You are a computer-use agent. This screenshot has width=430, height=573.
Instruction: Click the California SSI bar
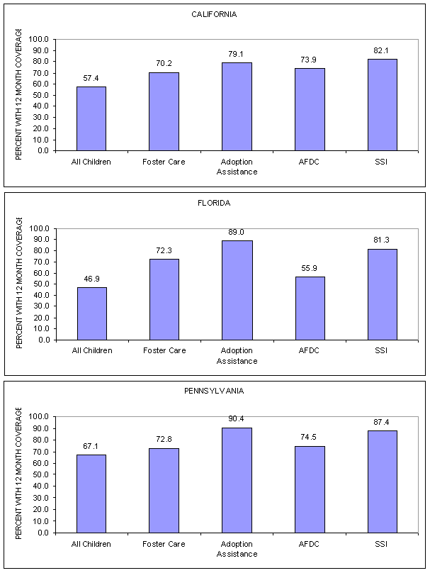click(x=382, y=104)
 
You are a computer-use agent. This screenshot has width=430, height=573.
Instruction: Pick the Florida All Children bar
click(x=91, y=313)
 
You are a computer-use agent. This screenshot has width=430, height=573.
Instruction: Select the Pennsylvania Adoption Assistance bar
click(x=237, y=479)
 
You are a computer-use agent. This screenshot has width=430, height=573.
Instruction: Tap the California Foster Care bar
click(x=164, y=111)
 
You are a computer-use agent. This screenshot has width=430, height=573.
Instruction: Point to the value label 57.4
click(x=91, y=78)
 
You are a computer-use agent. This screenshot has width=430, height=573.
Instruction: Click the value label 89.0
click(x=237, y=232)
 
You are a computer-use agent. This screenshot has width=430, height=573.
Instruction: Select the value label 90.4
click(x=237, y=419)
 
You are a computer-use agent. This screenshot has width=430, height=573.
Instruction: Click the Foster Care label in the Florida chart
click(x=164, y=351)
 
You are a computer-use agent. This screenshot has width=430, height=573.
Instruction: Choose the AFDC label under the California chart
click(x=310, y=162)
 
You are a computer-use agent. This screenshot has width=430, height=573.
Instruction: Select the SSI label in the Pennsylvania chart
click(x=382, y=544)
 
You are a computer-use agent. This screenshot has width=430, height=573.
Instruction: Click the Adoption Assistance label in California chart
click(x=237, y=167)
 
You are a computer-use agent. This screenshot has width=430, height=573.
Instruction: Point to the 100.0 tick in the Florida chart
click(x=39, y=228)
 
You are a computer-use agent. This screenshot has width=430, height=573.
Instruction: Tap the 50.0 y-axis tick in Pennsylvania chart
click(x=39, y=474)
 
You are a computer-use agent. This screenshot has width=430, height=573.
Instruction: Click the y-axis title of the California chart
click(x=19, y=95)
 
